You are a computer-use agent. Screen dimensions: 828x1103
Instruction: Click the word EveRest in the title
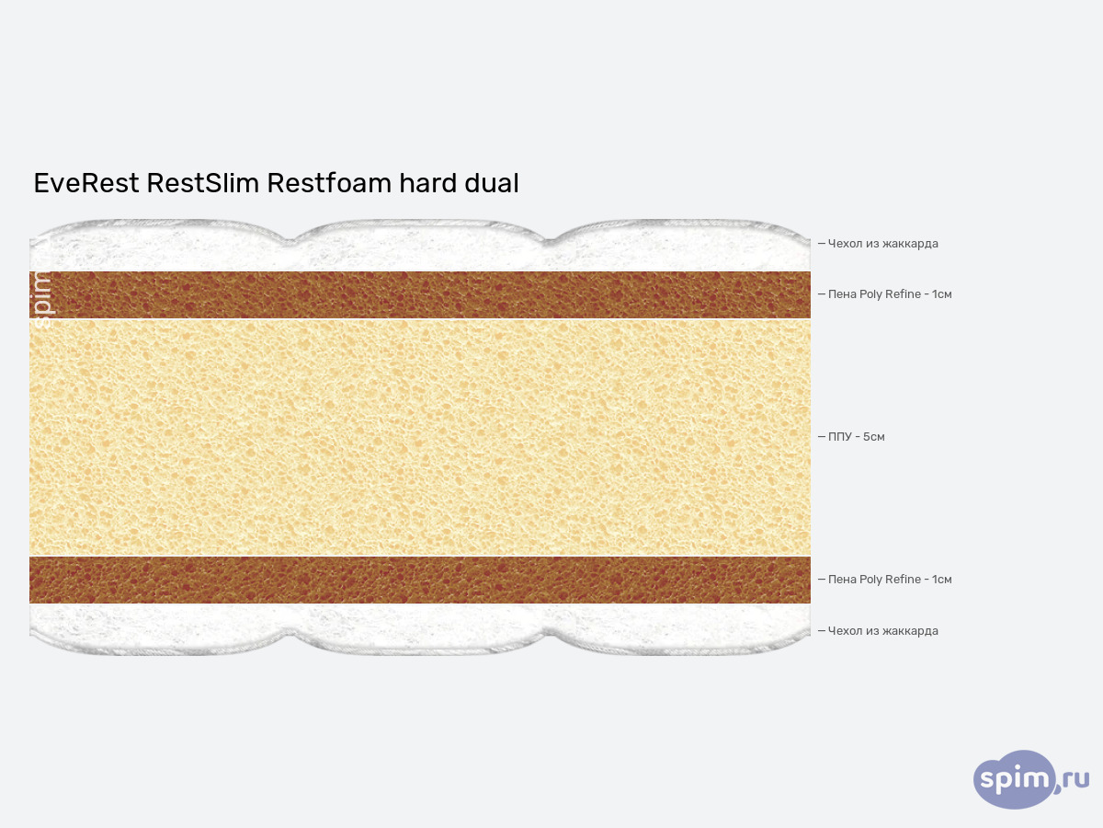point(85,183)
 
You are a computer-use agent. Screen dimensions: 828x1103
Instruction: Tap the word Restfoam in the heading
point(329,183)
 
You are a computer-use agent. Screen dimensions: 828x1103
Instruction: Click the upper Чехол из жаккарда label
point(882,244)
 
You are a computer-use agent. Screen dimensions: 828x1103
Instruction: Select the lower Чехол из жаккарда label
point(882,631)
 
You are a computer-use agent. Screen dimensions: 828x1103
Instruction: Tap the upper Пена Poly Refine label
point(889,294)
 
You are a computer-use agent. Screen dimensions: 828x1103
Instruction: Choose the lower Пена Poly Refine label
point(889,580)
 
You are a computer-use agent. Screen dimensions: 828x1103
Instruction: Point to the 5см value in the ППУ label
point(873,437)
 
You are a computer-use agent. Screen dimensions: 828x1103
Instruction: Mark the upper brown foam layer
point(420,294)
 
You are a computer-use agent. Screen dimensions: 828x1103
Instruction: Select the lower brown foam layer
point(420,580)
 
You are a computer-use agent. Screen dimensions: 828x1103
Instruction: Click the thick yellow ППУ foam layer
point(420,437)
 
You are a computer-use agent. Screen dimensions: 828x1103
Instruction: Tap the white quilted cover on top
point(420,247)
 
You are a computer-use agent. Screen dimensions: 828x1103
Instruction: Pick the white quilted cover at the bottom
point(420,627)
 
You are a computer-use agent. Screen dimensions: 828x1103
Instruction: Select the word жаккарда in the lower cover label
point(909,631)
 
